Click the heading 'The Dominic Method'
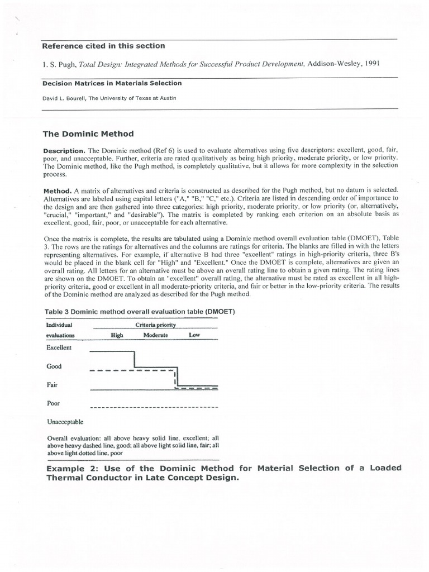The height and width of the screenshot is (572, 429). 88,134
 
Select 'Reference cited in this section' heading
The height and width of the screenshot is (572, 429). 104,46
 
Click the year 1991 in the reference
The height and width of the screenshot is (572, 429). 370,64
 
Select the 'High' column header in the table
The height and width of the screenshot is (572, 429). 116,335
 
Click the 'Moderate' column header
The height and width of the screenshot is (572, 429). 156,335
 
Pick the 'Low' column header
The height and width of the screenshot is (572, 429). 194,335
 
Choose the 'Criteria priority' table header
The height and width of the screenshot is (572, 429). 155,325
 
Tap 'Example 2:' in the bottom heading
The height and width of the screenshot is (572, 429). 68,468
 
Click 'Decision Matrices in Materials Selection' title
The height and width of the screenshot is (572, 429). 112,83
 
